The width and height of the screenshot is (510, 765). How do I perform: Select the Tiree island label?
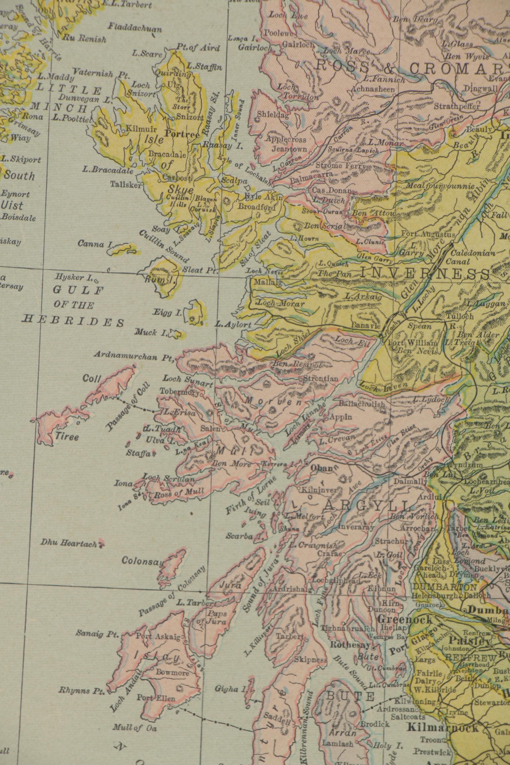(x=67, y=437)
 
